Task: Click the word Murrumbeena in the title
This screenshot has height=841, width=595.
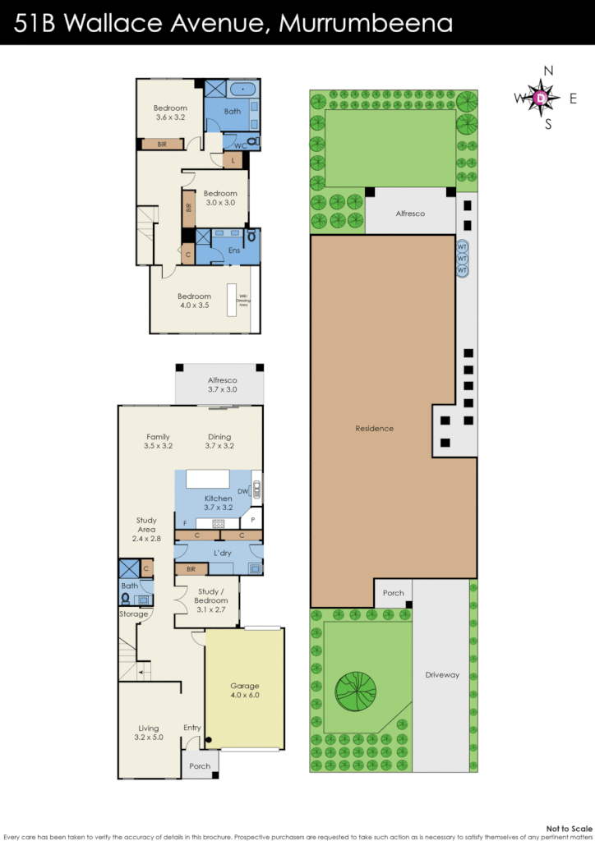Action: pos(366,24)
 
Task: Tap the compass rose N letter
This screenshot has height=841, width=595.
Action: pos(548,71)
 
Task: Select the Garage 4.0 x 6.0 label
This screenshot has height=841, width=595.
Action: pos(244,690)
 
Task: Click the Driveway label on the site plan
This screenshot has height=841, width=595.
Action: pos(442,674)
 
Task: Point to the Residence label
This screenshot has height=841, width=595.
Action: pos(374,428)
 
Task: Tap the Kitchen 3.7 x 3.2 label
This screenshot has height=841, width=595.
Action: pos(218,503)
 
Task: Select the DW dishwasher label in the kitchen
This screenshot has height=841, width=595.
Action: pos(242,491)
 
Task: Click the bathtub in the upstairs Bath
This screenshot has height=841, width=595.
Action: pos(243,89)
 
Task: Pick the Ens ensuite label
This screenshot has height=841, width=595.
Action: pos(233,250)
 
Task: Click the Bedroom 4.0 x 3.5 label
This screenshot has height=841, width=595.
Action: pos(194,301)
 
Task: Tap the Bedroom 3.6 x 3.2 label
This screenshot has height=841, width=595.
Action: pos(171,113)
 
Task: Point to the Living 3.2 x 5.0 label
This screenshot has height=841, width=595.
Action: pos(148,733)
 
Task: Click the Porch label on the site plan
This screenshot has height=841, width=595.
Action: pos(393,593)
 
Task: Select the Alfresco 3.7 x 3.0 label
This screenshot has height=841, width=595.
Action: pos(222,385)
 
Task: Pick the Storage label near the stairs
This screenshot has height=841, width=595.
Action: pos(134,614)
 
